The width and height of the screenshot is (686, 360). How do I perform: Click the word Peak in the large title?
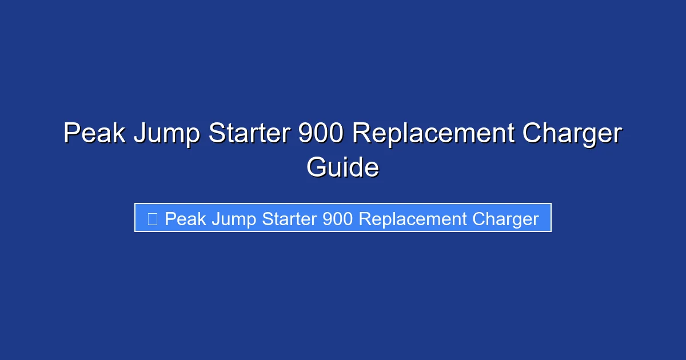(x=94, y=134)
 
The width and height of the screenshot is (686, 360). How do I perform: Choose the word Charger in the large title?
(x=572, y=134)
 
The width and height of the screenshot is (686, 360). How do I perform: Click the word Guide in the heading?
(x=342, y=167)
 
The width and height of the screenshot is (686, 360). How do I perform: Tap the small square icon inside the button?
(x=152, y=219)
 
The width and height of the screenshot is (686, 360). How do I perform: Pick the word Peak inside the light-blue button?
(x=185, y=219)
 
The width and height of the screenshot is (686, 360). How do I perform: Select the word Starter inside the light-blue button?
(x=289, y=219)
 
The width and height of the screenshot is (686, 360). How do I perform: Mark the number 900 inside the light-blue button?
(x=337, y=219)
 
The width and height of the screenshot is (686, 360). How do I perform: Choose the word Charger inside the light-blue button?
(x=505, y=219)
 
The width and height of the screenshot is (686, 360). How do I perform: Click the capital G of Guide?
(x=317, y=167)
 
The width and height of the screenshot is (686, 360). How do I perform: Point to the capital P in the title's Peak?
(x=71, y=134)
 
